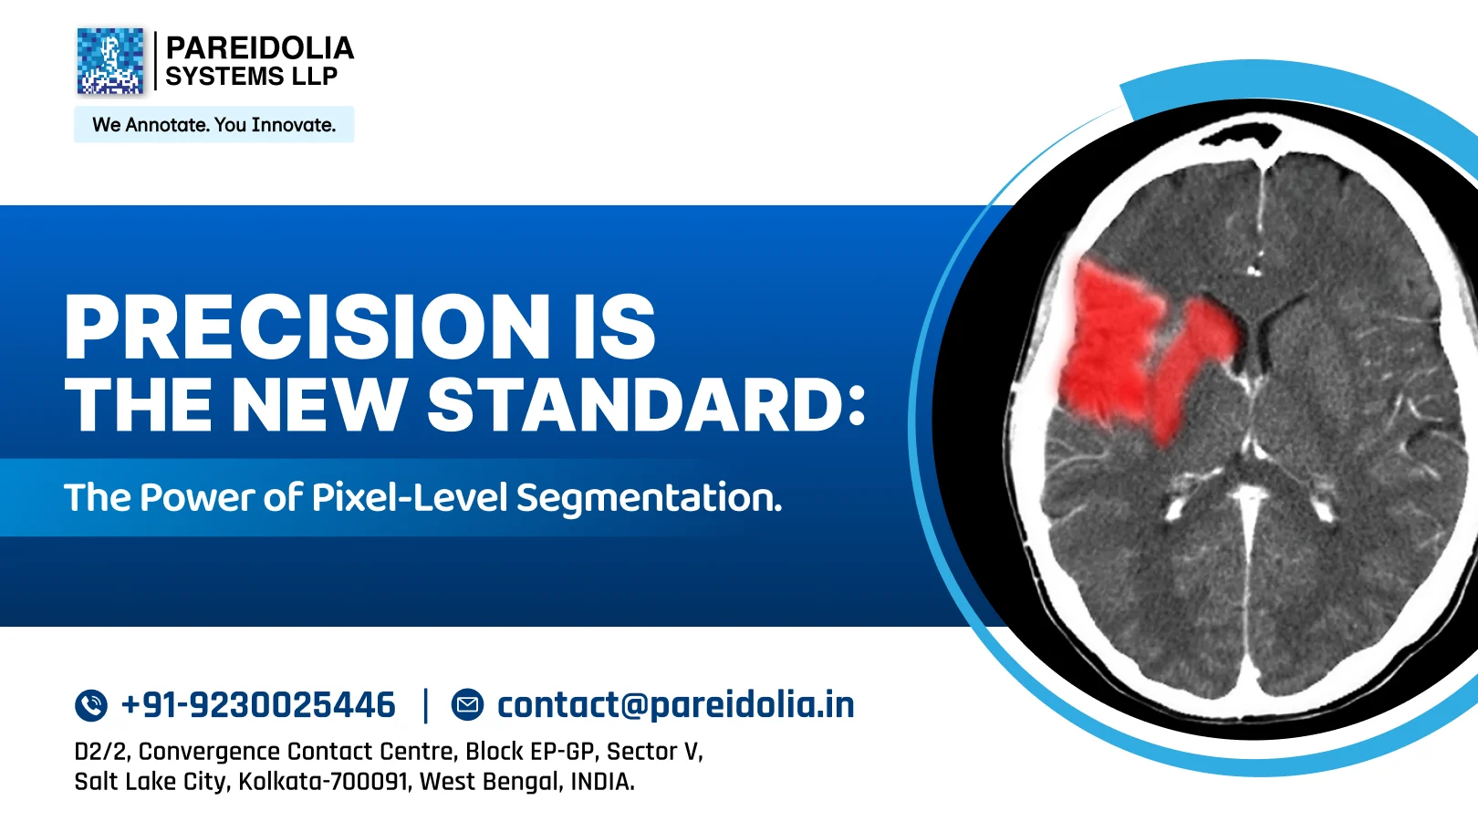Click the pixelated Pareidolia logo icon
[110, 61]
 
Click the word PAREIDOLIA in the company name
[259, 48]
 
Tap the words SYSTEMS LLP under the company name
[252, 76]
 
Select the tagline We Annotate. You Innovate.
[213, 125]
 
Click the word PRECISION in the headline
[307, 327]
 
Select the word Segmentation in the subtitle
[649, 498]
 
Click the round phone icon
[91, 704]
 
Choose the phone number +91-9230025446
[259, 704]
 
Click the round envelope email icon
[467, 704]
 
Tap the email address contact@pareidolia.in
[676, 704]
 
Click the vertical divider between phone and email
[425, 705]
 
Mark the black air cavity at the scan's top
[1241, 135]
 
